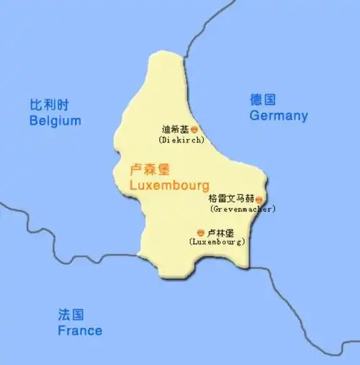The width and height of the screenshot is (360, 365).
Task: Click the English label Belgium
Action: click(x=55, y=121)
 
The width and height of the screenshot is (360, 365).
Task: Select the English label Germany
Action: click(x=278, y=116)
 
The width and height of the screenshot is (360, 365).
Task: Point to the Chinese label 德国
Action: click(x=263, y=100)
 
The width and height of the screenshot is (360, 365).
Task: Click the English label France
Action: click(x=79, y=330)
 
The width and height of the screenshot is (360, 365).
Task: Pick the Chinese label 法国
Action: click(x=71, y=315)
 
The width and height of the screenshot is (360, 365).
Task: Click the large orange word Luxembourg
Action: click(x=168, y=185)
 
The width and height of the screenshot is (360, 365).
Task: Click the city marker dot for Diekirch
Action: click(x=194, y=130)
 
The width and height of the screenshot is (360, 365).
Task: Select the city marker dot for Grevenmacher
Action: click(x=258, y=199)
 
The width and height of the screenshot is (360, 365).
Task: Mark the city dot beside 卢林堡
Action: click(x=199, y=233)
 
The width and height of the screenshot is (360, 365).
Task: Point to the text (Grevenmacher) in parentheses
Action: click(x=243, y=209)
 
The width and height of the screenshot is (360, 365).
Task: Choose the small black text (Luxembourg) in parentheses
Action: click(x=217, y=243)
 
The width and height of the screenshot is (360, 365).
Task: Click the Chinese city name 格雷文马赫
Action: click(x=230, y=199)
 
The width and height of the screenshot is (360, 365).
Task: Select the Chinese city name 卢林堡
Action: click(x=220, y=233)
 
